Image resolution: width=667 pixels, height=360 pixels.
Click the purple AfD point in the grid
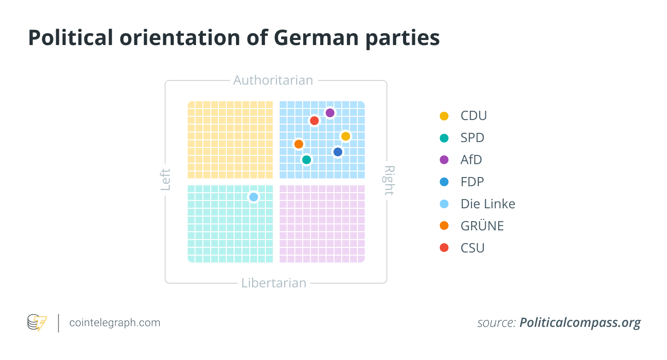click(330, 113)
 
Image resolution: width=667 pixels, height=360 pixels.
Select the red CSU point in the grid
click(314, 120)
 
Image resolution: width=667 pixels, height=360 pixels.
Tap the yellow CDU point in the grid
click(345, 136)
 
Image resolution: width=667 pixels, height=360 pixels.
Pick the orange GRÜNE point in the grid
click(299, 144)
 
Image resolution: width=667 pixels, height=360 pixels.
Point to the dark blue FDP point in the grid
click(338, 152)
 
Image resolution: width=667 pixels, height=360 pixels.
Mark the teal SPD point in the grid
click(306, 160)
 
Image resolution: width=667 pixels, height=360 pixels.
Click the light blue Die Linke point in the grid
click(253, 197)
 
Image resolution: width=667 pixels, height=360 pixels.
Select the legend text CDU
click(473, 115)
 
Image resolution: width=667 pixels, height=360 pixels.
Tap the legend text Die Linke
click(488, 204)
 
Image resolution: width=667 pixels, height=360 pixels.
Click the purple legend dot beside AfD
click(444, 160)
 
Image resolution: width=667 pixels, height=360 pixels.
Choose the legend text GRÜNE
click(482, 226)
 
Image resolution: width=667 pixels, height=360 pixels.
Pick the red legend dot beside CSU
click(444, 248)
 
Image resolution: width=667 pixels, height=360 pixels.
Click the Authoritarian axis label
click(273, 80)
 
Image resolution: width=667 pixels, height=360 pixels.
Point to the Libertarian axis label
click(274, 283)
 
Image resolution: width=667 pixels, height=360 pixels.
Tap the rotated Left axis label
click(166, 180)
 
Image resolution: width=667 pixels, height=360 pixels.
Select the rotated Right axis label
click(389, 180)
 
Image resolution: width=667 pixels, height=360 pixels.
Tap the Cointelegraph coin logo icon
click(37, 323)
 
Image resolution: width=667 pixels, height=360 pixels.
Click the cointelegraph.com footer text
click(115, 323)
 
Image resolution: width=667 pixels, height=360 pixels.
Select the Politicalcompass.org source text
click(580, 323)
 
